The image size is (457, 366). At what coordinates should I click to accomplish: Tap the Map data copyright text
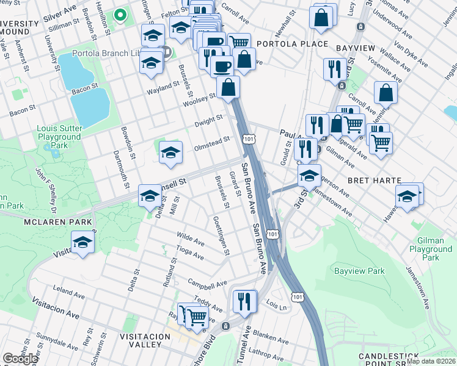pyautogui.click(x=431, y=361)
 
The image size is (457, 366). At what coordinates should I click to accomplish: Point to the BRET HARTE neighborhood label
pyautogui.click(x=374, y=181)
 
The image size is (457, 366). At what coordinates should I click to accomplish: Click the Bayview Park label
pyautogui.click(x=359, y=270)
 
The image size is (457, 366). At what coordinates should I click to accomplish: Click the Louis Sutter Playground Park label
pyautogui.click(x=59, y=137)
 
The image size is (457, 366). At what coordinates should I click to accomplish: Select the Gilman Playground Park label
pyautogui.click(x=431, y=249)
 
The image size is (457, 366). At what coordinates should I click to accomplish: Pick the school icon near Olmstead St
pyautogui.click(x=170, y=153)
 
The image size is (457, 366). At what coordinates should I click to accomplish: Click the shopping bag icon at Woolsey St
pyautogui.click(x=228, y=87)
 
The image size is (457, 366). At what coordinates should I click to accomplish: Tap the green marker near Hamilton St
pyautogui.click(x=120, y=15)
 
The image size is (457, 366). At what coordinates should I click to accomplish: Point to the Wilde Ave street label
pyautogui.click(x=190, y=237)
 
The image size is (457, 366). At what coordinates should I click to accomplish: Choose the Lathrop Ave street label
pyautogui.click(x=264, y=353)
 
